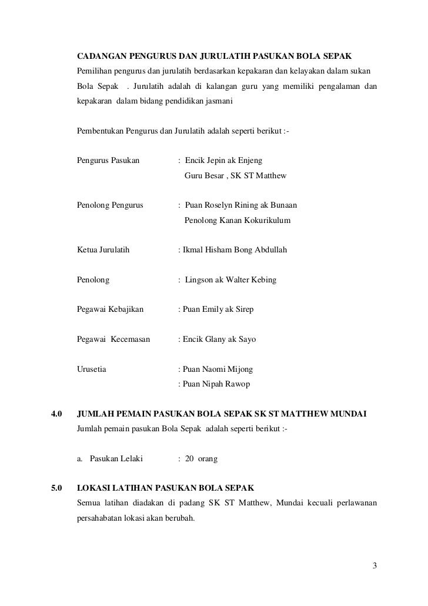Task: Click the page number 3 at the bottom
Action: point(374,566)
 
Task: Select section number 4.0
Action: point(57,416)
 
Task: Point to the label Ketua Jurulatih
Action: point(103,250)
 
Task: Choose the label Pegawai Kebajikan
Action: point(112,309)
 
